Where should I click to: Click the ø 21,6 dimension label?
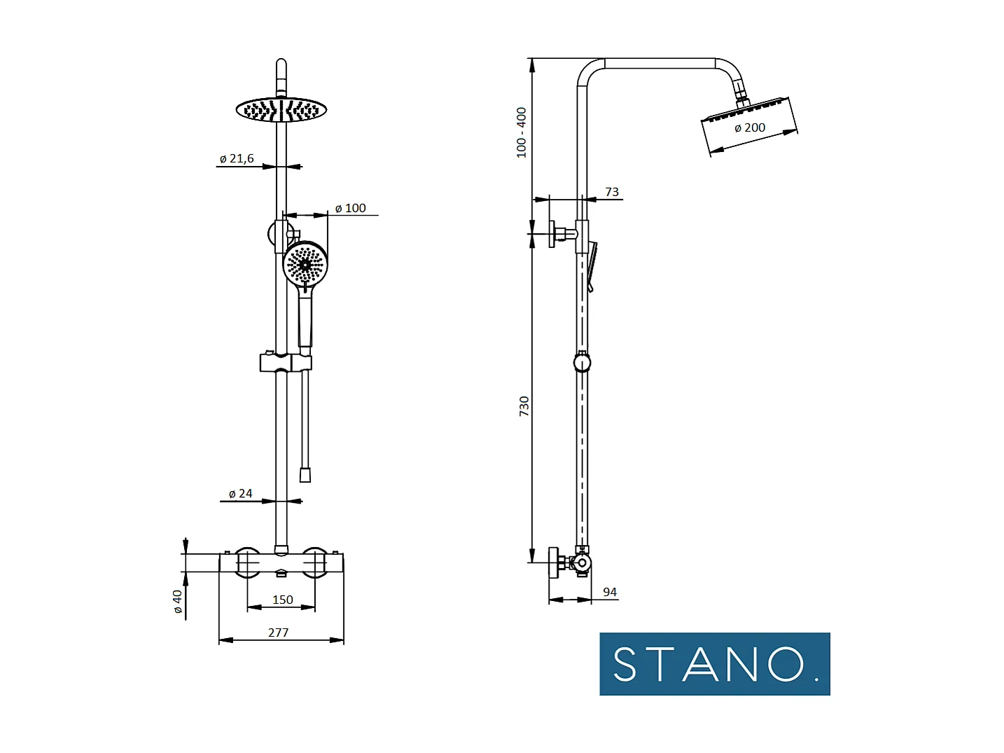click(x=237, y=159)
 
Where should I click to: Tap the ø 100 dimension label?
click(x=350, y=208)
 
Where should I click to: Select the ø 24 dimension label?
click(x=240, y=494)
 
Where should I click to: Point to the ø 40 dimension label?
click(x=178, y=601)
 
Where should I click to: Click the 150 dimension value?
click(x=282, y=600)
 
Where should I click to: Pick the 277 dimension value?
click(x=278, y=633)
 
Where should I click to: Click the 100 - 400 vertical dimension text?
click(x=522, y=132)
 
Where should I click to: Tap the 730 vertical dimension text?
click(x=524, y=406)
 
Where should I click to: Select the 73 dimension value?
click(x=612, y=192)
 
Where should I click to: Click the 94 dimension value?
click(x=610, y=592)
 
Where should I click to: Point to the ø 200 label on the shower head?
click(x=750, y=127)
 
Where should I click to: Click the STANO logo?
click(x=714, y=664)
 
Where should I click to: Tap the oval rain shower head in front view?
click(x=281, y=110)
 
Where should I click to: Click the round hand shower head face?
click(x=305, y=265)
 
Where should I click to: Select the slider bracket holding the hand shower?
click(x=285, y=362)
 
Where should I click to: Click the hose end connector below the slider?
click(x=305, y=475)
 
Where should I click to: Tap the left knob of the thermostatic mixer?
click(x=246, y=562)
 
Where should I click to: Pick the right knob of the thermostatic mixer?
click(x=315, y=562)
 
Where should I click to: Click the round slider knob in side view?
click(x=582, y=362)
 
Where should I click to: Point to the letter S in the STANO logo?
click(x=625, y=664)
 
